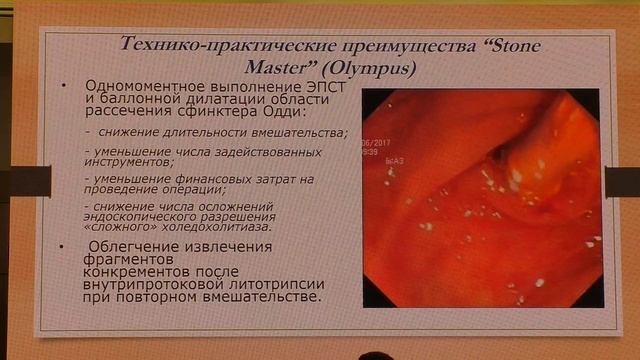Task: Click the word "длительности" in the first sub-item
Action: tap(195, 132)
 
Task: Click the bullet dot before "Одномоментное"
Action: tap(65, 87)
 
